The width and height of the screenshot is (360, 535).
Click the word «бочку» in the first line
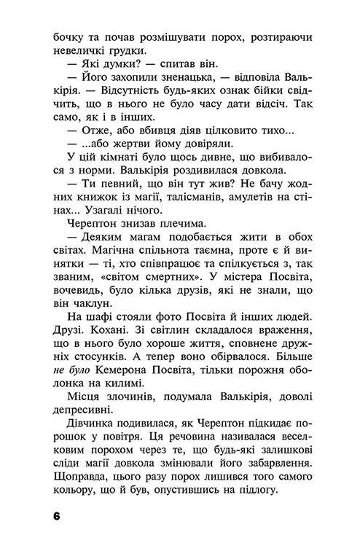pos(69,34)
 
